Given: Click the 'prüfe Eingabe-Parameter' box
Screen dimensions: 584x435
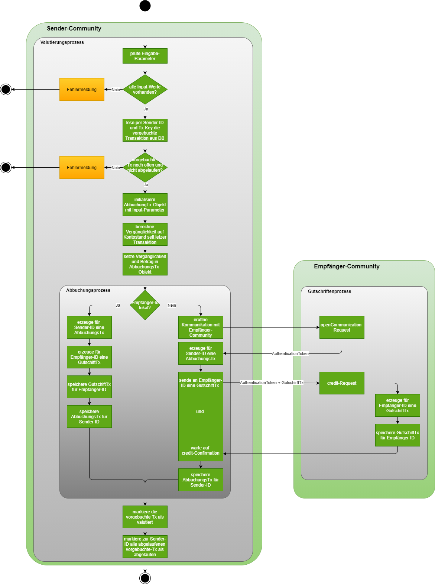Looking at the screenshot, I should (x=145, y=56).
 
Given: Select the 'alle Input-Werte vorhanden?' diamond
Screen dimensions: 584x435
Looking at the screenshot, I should (x=145, y=90).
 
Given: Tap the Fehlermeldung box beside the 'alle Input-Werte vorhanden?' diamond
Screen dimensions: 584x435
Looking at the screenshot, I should (x=82, y=90).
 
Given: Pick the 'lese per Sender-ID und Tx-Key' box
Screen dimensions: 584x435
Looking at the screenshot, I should (x=145, y=130).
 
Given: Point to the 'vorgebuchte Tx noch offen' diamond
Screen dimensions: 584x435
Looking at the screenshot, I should (x=145, y=168).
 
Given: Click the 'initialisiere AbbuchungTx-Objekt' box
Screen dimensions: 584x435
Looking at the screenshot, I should (x=145, y=205).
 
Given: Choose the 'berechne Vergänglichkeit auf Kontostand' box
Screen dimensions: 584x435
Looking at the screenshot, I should (x=145, y=235).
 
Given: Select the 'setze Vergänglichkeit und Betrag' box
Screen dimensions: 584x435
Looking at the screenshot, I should (x=145, y=264).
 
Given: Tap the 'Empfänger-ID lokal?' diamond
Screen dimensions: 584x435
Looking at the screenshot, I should (x=145, y=305).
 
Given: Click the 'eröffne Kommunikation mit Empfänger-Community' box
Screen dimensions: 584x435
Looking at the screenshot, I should (x=201, y=328).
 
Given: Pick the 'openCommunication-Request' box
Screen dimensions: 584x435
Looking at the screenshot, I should (x=342, y=328).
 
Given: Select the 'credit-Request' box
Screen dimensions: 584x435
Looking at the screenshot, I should (x=342, y=383).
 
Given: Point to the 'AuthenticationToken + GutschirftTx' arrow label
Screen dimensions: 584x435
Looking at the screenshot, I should (x=272, y=383).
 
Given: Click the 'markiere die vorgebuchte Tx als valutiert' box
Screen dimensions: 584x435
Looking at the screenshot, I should (x=145, y=517).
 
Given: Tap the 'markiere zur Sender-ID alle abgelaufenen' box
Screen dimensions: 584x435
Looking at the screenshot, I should (x=145, y=547).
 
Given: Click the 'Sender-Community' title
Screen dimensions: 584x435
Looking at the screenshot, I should (x=74, y=29).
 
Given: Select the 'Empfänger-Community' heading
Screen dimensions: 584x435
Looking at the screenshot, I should (x=347, y=267).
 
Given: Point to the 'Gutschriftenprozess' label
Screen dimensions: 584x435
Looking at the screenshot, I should (x=329, y=291).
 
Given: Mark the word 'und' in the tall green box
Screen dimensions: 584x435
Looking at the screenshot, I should (x=200, y=412).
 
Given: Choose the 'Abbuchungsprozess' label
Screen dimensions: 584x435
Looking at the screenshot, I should (x=88, y=290).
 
